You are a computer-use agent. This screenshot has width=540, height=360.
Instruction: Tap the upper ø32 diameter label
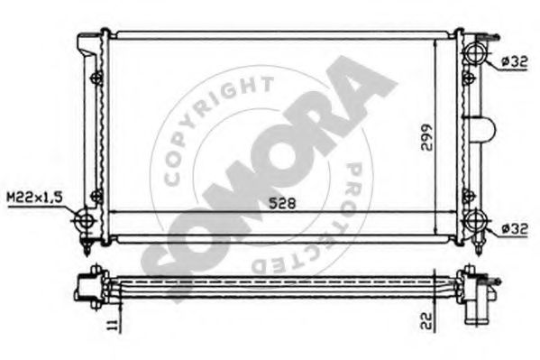coord(511,61)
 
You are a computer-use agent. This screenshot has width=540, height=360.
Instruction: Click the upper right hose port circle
coord(473,53)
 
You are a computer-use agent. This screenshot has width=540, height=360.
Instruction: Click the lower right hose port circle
coord(473,222)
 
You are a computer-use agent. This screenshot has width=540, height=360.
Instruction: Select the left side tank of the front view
coord(97,135)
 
